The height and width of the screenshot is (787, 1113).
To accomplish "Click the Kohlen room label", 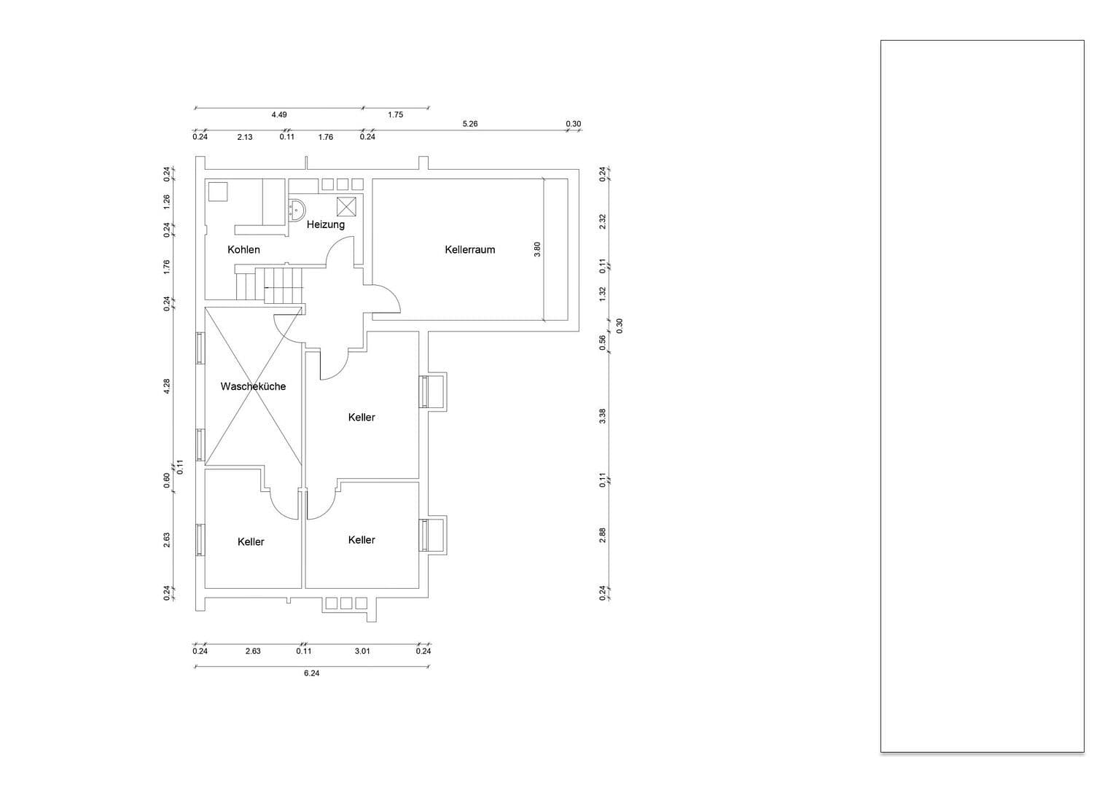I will pos(243,249).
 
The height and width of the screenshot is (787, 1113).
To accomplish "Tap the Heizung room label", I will pos(325,224).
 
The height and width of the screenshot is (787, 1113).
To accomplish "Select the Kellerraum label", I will pos(469,249).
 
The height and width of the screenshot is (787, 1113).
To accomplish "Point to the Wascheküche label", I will pos(253,386).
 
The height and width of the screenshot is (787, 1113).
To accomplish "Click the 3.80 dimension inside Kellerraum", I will pos(537,248).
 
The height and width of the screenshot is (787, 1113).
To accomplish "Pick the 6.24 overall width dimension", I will pos(311,673).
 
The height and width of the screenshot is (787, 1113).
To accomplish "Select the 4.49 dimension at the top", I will pos(279,114).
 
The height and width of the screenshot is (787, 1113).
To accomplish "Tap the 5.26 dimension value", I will pos(470,124).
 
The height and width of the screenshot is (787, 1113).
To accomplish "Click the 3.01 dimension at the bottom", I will pos(362,651).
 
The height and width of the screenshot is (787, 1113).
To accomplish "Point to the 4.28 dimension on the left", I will pos(167,386).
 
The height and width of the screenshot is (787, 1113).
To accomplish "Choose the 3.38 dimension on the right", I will pos(602,416).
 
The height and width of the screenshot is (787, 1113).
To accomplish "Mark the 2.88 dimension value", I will pos(602,535).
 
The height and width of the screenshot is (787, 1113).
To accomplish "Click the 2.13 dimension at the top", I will pos(245,137).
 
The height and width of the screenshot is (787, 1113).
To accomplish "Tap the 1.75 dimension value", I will pos(396,114).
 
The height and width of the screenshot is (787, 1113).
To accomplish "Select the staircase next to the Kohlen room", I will pos(270,285).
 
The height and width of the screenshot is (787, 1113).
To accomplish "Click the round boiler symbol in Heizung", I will pos(296,209).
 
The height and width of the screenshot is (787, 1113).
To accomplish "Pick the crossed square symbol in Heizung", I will pos(346,205).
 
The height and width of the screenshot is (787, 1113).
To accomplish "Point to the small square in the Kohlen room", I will pos(218,192).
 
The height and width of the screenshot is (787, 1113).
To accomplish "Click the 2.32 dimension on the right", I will pos(602,222).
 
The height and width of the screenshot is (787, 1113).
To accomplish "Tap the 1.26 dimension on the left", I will pos(167,199).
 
